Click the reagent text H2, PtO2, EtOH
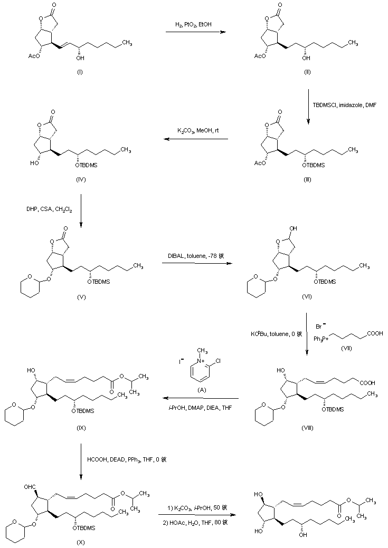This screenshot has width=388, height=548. coord(195,25)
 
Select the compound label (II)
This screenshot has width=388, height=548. coord(307,71)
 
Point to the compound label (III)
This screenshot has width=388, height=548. coord(308,179)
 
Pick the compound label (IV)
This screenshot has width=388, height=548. coord(81,179)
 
